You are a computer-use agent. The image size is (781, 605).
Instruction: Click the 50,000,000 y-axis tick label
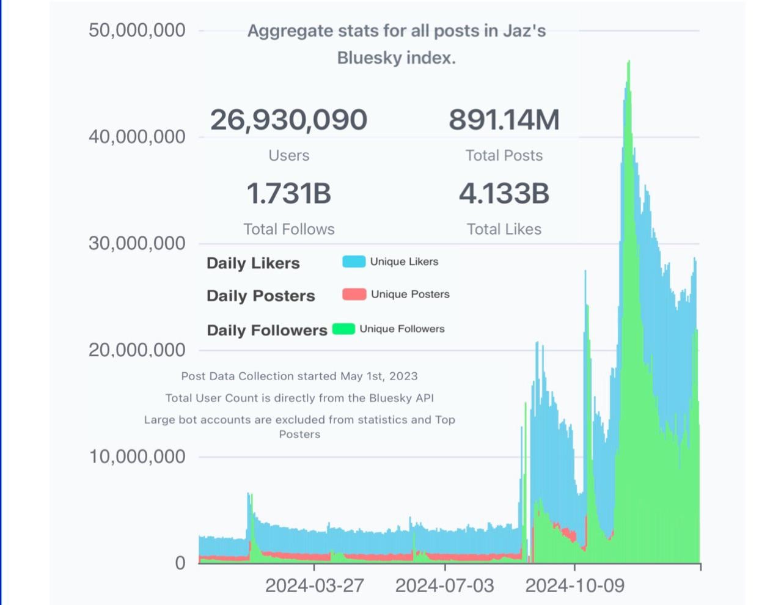[137, 30]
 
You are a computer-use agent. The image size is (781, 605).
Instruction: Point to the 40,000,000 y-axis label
[137, 136]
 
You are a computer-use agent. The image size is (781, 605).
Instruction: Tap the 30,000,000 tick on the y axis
[137, 243]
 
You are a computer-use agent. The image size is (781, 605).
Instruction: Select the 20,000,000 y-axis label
[137, 350]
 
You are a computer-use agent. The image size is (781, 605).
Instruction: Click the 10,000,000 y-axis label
[137, 457]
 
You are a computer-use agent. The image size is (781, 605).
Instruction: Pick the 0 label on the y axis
[180, 563]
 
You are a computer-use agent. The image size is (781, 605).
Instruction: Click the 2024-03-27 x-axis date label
[314, 585]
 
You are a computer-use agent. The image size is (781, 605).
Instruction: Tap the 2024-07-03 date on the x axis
[444, 585]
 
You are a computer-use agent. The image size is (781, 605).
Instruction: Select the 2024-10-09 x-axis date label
[574, 585]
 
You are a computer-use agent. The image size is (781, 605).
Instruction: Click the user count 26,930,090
[288, 120]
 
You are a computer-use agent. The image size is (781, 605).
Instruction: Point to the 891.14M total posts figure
[504, 120]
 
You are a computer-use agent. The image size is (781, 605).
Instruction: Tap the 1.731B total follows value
[288, 194]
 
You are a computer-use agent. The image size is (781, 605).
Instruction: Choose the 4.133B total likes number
[504, 194]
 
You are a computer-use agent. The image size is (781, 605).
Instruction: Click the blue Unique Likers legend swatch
[354, 262]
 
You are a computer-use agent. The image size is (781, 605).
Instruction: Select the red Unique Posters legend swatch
[354, 294]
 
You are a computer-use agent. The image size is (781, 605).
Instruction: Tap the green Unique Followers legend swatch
[343, 329]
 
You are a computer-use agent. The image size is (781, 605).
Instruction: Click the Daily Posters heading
[260, 296]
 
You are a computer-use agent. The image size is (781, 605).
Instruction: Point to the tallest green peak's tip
[629, 61]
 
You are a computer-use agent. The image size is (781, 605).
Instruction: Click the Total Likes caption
[504, 229]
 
